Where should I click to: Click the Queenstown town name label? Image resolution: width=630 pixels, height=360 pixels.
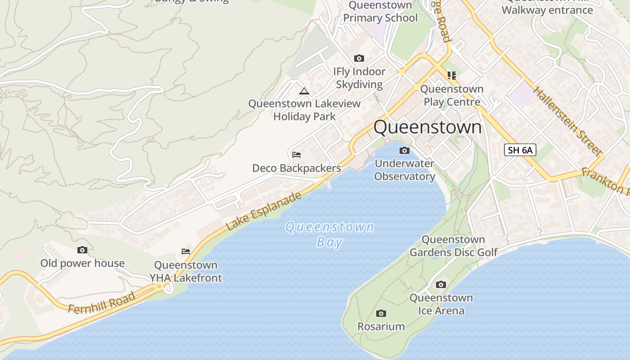[427, 127]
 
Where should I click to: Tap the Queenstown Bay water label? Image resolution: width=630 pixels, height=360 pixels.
[330, 234]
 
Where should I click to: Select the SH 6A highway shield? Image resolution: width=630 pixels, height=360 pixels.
[520, 150]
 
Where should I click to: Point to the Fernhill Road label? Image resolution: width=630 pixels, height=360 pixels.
[102, 302]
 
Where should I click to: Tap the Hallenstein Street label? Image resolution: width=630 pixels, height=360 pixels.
[567, 121]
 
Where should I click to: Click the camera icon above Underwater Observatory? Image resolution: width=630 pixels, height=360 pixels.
[405, 150]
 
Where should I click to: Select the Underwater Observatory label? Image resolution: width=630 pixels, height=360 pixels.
[405, 170]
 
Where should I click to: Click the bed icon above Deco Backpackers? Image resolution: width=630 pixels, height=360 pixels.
[296, 155]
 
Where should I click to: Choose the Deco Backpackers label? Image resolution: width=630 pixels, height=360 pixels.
[297, 168]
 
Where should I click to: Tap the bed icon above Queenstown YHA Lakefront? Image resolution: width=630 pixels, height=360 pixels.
[185, 251]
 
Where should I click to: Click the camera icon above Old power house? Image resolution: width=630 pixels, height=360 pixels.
[82, 250]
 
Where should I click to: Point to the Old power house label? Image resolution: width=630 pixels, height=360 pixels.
[82, 263]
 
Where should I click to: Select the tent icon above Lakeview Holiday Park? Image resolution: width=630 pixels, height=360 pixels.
[304, 91]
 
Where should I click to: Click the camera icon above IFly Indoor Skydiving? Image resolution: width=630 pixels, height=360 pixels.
[359, 58]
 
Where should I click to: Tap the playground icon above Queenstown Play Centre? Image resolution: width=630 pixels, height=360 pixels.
[451, 75]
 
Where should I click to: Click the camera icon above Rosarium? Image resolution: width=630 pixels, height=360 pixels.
[381, 313]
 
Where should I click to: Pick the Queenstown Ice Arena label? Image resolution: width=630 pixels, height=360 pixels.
[441, 304]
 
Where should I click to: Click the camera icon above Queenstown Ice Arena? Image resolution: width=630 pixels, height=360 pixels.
[441, 284]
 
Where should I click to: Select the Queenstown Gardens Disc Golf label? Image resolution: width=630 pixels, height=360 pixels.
[453, 246]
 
